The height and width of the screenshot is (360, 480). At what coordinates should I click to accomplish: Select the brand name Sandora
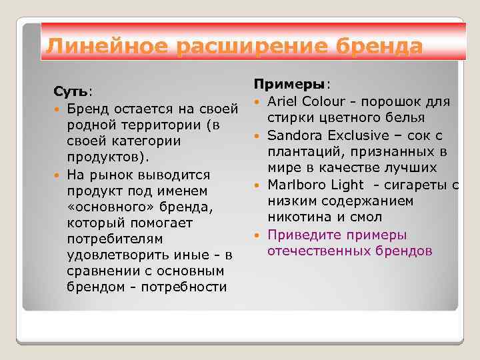pyautogui.click(x=294, y=135)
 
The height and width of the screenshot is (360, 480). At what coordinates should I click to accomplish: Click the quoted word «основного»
pyautogui.click(x=105, y=207)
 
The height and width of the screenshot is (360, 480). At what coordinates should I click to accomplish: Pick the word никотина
pyautogui.click(x=299, y=218)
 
